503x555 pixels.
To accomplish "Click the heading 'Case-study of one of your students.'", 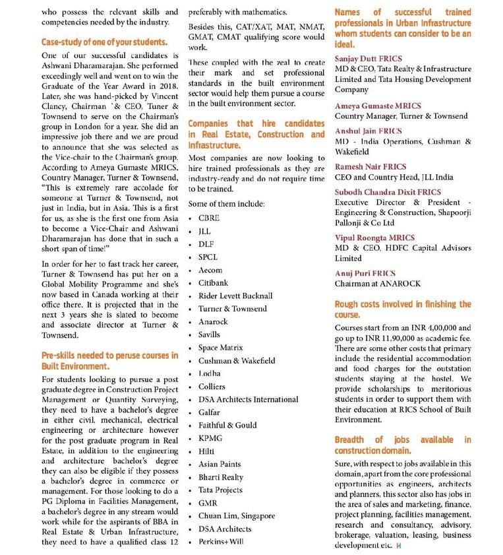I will pyautogui.click(x=104, y=42).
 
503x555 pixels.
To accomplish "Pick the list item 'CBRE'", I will pyautogui.click(x=209, y=218).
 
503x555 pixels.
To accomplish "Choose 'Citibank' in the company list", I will pyautogui.click(x=214, y=282).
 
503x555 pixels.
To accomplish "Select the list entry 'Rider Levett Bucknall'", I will pyautogui.click(x=235, y=296).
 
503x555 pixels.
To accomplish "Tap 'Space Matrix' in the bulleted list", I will pyautogui.click(x=221, y=348).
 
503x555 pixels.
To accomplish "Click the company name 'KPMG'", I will pyautogui.click(x=210, y=438).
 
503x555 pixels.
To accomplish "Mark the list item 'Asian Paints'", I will pyautogui.click(x=220, y=464).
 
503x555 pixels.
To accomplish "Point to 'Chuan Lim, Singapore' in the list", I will pyautogui.click(x=237, y=516).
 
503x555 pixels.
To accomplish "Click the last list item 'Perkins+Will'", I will pyautogui.click(x=221, y=542).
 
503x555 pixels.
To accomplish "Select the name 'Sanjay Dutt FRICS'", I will pyautogui.click(x=368, y=59).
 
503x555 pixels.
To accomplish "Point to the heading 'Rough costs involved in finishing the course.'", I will pyautogui.click(x=403, y=310).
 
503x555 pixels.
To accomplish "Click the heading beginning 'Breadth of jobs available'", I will pyautogui.click(x=403, y=445).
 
